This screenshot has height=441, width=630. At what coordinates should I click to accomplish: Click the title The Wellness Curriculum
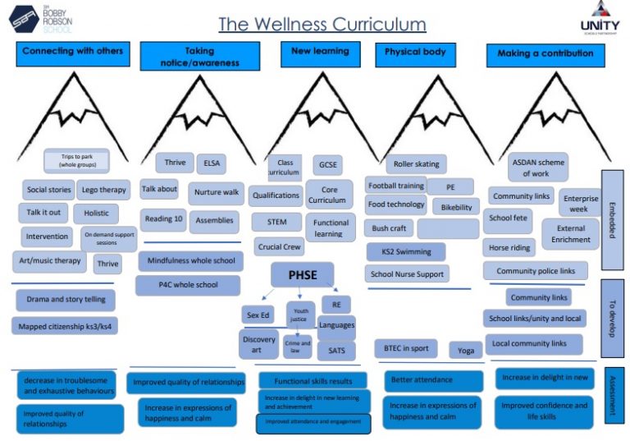pos(322,24)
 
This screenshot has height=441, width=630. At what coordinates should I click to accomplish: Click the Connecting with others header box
pos(72,53)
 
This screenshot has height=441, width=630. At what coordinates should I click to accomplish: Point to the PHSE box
pos(302,274)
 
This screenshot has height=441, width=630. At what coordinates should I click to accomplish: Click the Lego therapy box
pos(103,190)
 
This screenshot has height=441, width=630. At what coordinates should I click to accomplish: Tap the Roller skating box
pos(415,164)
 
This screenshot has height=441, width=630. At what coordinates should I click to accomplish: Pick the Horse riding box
pos(509,247)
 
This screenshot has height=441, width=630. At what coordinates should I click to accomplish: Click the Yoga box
pos(465,350)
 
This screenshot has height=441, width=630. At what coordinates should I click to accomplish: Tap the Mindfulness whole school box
pos(189,261)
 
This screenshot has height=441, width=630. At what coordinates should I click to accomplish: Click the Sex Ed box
pos(258,315)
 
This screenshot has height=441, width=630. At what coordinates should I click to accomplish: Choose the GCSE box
pos(327,164)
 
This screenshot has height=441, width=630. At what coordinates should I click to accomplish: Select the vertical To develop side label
pos(613,318)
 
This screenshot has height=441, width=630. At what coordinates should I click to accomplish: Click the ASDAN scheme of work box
pos(537,168)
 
